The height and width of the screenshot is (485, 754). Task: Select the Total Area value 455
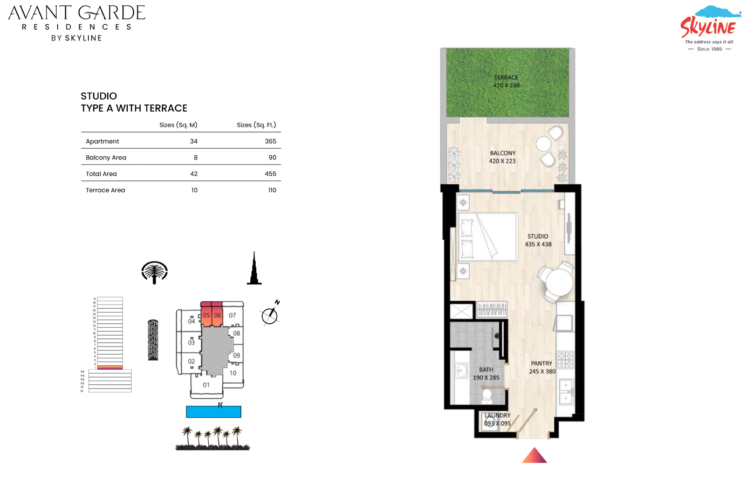pyautogui.click(x=270, y=174)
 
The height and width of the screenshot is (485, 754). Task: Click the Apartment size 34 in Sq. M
pyautogui.click(x=194, y=141)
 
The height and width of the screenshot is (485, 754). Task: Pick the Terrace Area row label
pyautogui.click(x=105, y=190)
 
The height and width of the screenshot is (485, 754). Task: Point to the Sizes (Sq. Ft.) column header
pyautogui.click(x=256, y=125)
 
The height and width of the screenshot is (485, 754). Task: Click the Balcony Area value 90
pyautogui.click(x=272, y=157)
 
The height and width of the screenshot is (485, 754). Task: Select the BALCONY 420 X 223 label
pyautogui.click(x=502, y=157)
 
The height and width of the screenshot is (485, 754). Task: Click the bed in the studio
pyautogui.click(x=487, y=237)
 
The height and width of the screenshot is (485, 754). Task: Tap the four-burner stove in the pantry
pyautogui.click(x=565, y=359)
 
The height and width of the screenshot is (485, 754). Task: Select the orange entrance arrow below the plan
pyautogui.click(x=534, y=456)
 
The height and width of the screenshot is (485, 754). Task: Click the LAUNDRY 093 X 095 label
pyautogui.click(x=497, y=419)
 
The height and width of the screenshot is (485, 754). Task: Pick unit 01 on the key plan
pyautogui.click(x=206, y=385)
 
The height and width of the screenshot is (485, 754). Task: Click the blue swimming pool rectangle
pyautogui.click(x=214, y=412)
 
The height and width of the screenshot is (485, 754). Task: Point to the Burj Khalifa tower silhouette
pyautogui.click(x=254, y=269)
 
